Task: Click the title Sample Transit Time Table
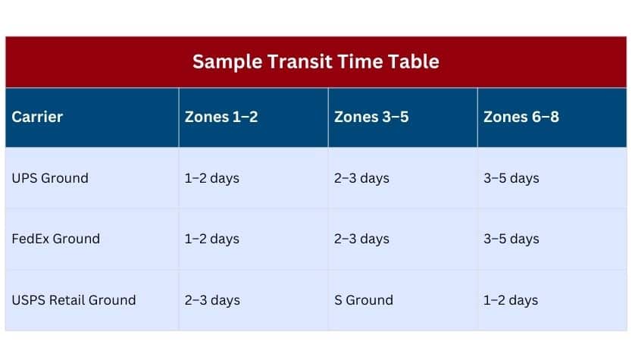(315, 61)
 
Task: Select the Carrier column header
(37, 117)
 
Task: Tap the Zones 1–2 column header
(221, 117)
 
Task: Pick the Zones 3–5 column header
(371, 117)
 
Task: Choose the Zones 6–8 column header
(521, 117)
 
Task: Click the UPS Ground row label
(50, 178)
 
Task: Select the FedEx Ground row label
(55, 239)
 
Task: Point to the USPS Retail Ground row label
(74, 300)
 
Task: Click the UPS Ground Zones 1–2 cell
(212, 178)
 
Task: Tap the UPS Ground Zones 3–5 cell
(361, 178)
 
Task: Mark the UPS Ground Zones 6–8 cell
(511, 178)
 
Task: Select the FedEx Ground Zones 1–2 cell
(212, 239)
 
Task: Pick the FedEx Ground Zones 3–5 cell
(361, 239)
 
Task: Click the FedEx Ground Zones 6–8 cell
(511, 239)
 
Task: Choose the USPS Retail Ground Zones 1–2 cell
(212, 300)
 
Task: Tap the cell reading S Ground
(364, 300)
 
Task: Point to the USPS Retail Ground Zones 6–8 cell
(511, 300)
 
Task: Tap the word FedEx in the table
(30, 239)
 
